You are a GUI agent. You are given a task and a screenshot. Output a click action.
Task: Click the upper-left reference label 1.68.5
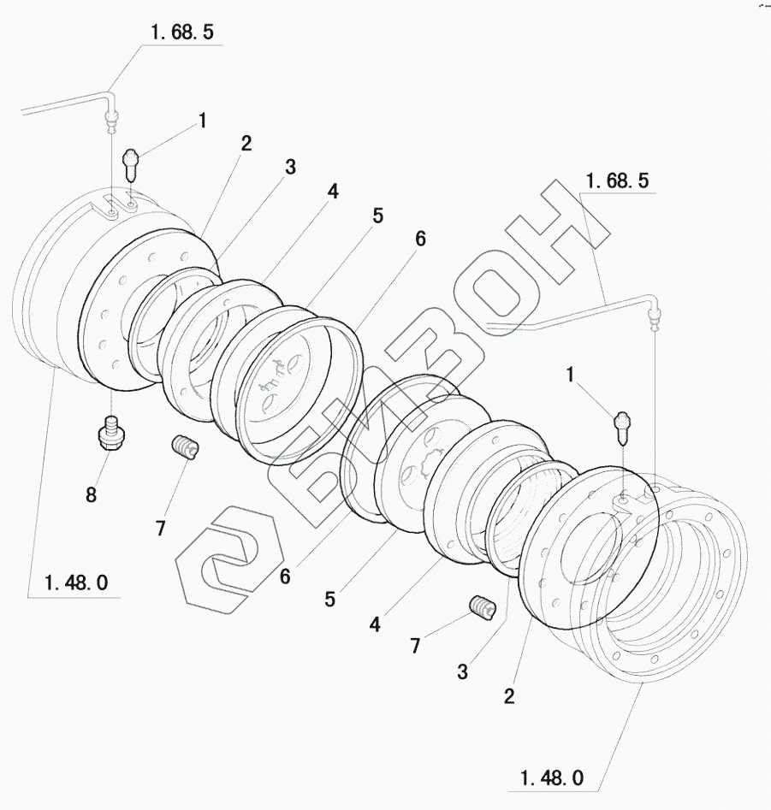[x=182, y=33]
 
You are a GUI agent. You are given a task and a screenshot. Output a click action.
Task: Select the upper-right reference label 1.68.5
[x=617, y=181]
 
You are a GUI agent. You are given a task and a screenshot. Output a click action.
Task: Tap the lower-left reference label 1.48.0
[x=76, y=583]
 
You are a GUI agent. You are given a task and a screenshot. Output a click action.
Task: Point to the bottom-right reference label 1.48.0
[x=552, y=778]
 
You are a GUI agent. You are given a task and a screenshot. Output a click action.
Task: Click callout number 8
[x=91, y=495]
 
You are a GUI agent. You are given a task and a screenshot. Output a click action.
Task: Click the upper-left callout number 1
[x=203, y=121]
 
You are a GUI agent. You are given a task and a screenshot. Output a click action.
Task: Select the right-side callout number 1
[x=571, y=375]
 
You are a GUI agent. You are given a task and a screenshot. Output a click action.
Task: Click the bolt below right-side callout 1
[x=623, y=427]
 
